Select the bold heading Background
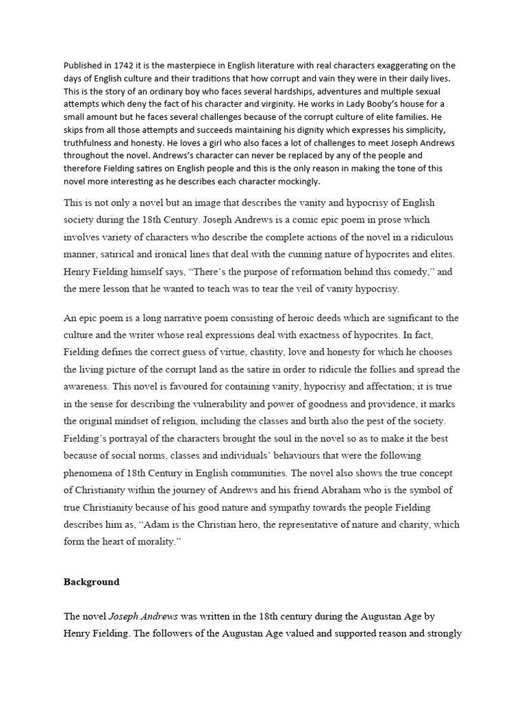[x=92, y=582]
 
